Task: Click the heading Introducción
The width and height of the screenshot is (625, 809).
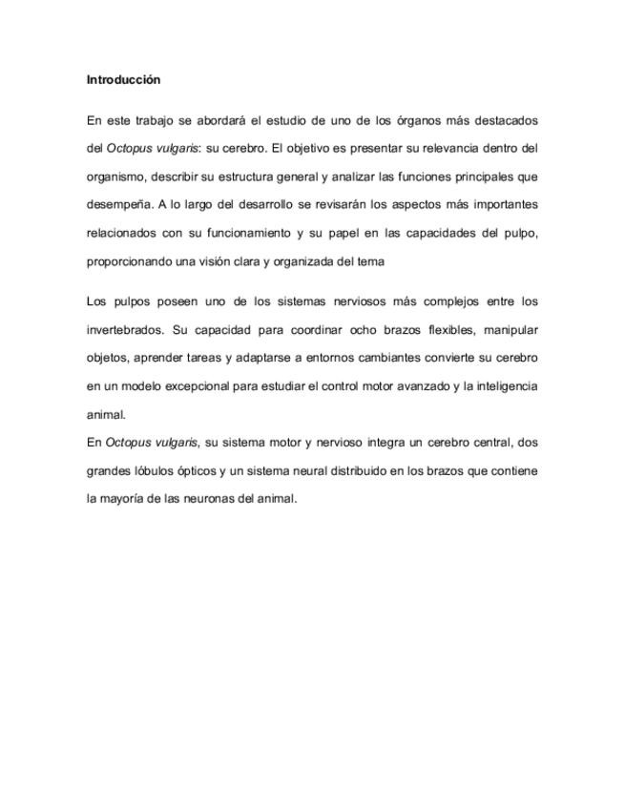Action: [123, 79]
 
